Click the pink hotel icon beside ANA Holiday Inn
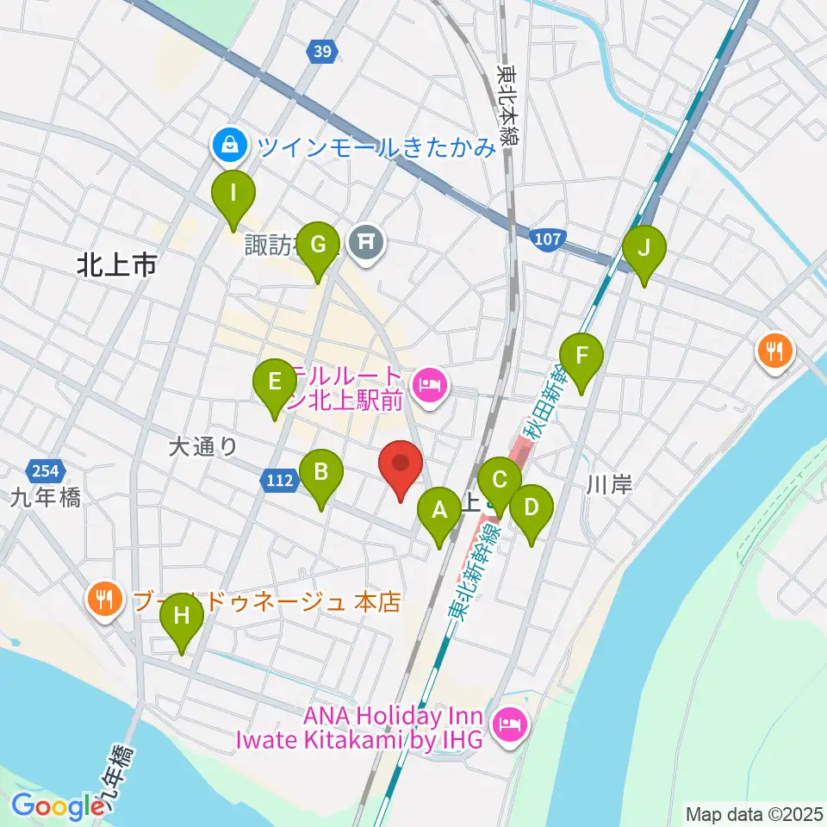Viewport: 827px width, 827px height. point(508,724)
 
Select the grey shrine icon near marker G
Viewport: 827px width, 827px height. point(366,242)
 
